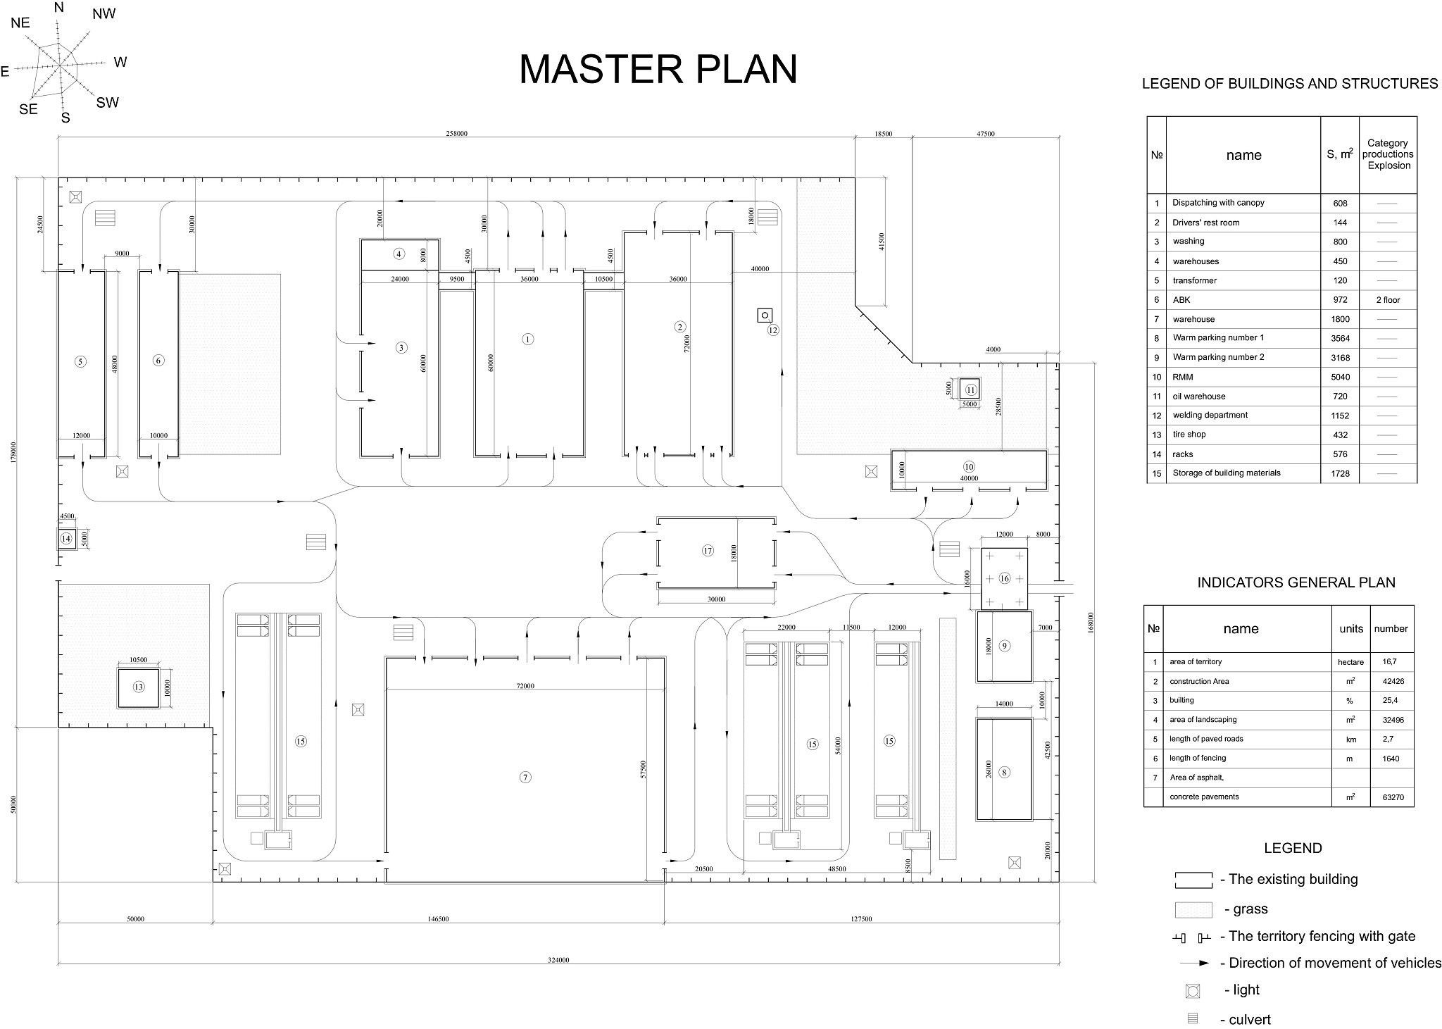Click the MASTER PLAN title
coord(658,69)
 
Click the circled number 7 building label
coord(525,778)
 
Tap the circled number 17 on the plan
coord(708,551)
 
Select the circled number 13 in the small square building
coord(138,687)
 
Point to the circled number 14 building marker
coord(66,540)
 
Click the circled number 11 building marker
coord(971,389)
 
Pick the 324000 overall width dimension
coord(558,960)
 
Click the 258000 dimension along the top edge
coord(456,134)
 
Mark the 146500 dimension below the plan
coord(438,919)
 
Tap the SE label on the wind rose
coord(28,109)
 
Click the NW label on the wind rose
coord(104,14)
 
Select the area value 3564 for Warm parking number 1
coord(1340,338)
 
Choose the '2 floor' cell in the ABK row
coord(1388,300)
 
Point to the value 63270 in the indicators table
coord(1390,797)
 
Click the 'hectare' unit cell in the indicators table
coord(1350,662)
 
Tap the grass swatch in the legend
coord(1193,910)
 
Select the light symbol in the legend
coord(1193,991)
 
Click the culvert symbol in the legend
coord(1193,1018)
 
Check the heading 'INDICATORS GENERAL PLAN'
coord(1296,582)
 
